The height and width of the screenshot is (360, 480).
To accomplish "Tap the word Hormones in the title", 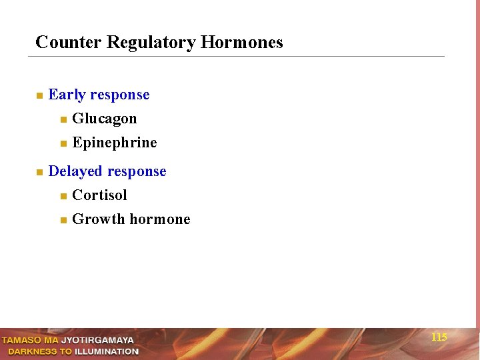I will pos(242,43).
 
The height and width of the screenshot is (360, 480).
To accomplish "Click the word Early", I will pos(66,95).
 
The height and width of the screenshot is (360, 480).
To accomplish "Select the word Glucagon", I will pos(104,119).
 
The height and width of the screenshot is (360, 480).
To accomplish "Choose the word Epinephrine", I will pos(115,143).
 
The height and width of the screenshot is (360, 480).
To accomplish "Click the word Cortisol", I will pos(99,195).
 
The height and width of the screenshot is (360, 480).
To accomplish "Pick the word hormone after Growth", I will pos(160,219).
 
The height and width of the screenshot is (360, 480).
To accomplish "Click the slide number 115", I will pos(439,337).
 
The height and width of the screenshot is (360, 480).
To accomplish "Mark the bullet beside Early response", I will pos(39,95).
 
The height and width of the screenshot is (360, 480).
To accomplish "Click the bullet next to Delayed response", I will pos(39,172).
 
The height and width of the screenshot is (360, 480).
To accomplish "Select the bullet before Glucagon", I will pos(63,120).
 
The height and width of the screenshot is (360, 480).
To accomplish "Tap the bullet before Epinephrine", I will pos(63,143).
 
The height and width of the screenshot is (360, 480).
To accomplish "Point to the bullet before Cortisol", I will pos(63,196).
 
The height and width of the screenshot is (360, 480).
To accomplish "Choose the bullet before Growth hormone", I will pos(63,220).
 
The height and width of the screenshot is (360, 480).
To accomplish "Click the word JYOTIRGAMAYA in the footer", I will pos(97,341).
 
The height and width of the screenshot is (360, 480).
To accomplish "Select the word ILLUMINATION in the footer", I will pos(107,351).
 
